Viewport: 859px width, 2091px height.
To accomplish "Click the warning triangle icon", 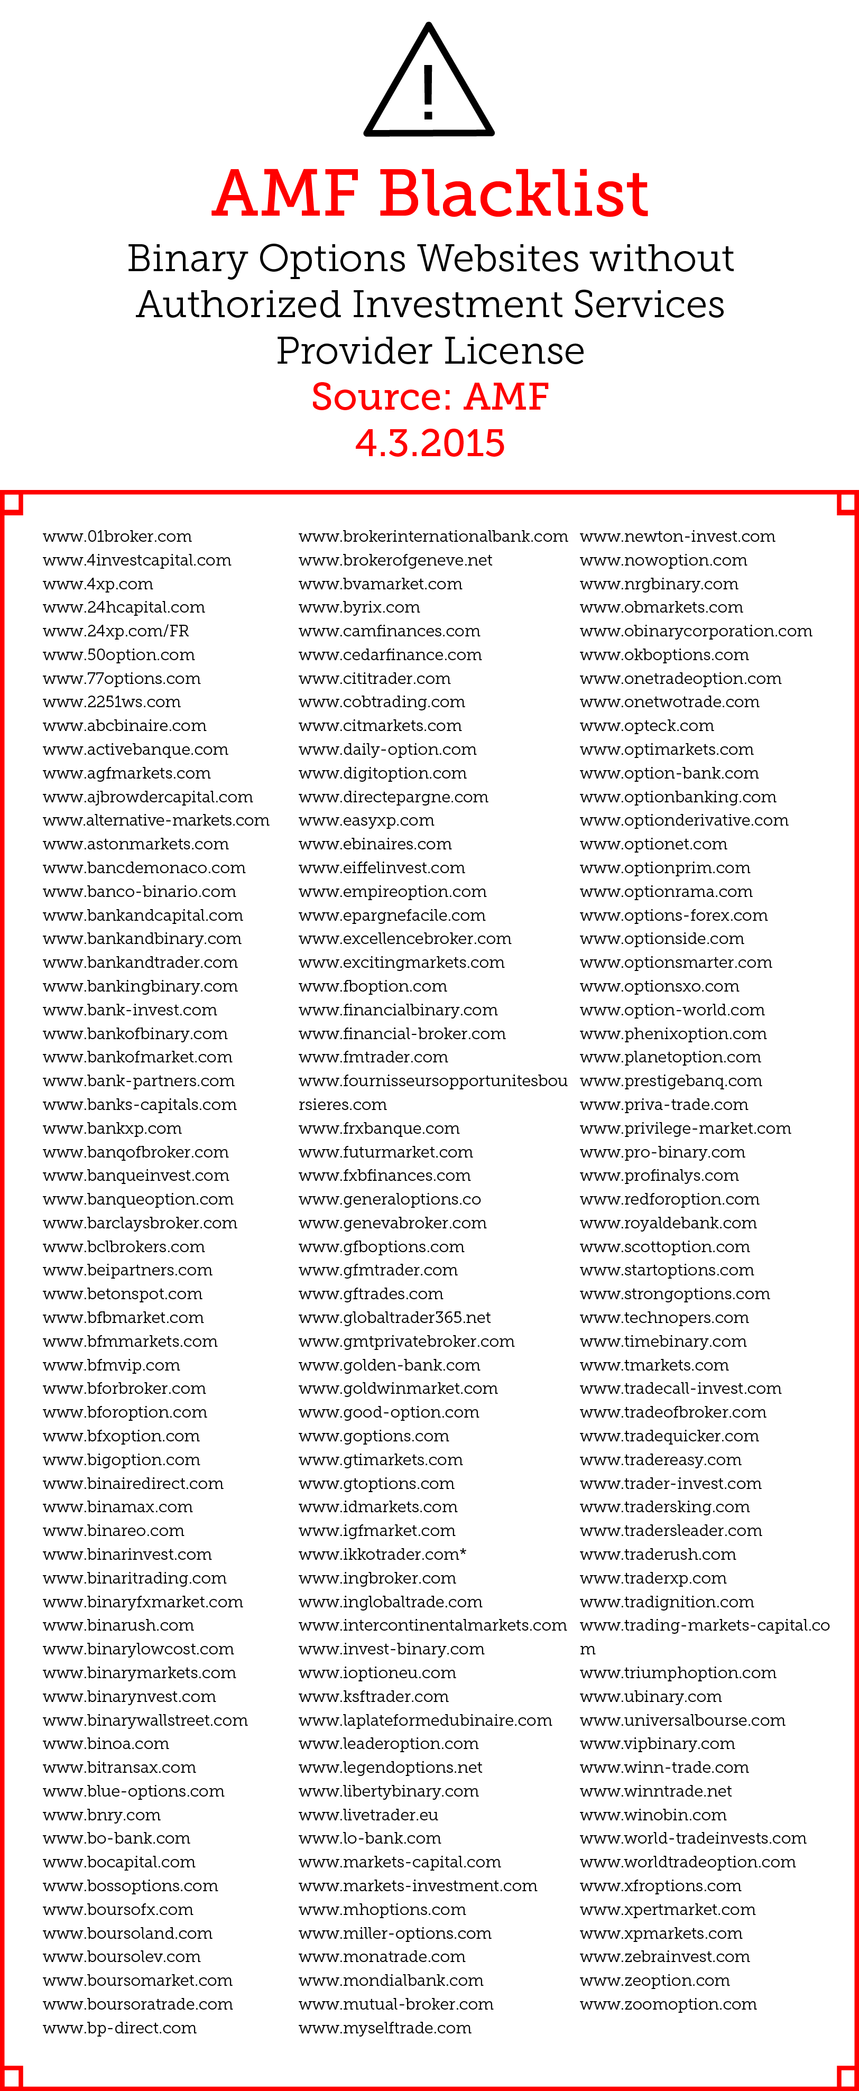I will click(429, 81).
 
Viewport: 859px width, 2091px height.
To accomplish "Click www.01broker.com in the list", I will click(117, 536).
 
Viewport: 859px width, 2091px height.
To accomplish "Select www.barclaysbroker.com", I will click(140, 1223).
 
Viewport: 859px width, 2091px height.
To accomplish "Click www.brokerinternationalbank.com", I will click(433, 536).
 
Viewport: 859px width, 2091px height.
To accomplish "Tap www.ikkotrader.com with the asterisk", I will click(382, 1555).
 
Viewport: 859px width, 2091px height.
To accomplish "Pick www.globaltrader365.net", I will click(394, 1317).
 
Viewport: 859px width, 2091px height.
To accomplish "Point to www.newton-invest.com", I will click(677, 536).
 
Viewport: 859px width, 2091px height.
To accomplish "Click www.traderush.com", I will click(658, 1555).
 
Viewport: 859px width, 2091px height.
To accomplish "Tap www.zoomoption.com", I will click(668, 2004).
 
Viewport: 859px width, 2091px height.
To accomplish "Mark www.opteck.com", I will click(646, 726).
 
